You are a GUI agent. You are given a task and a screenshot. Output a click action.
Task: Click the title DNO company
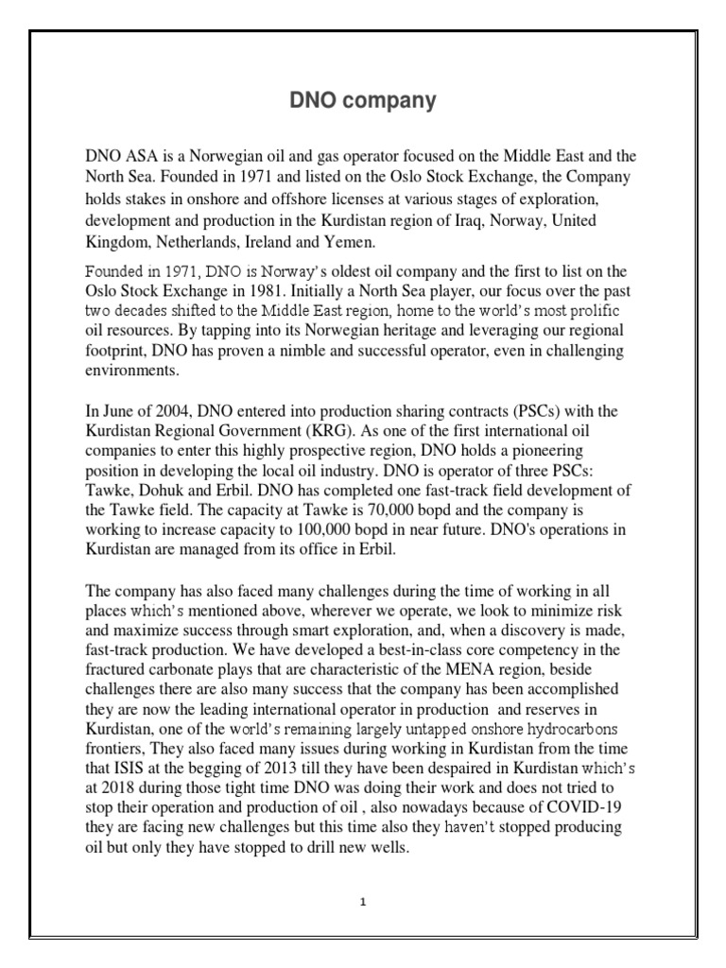[362, 102]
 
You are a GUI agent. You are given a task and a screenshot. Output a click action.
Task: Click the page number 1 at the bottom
[363, 901]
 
